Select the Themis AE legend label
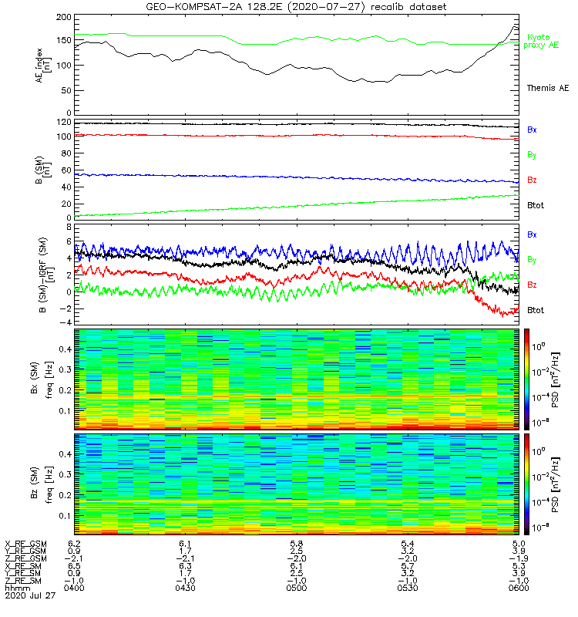[x=546, y=88]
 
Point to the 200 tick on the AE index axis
[x=62, y=16]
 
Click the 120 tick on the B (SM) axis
[x=62, y=123]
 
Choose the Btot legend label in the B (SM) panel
[x=536, y=205]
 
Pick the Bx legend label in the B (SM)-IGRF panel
[x=532, y=234]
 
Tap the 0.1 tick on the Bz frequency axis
[x=62, y=515]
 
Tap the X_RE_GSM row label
[x=25, y=544]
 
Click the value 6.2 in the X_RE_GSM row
[x=75, y=544]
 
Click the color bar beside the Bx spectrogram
[x=527, y=378]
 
